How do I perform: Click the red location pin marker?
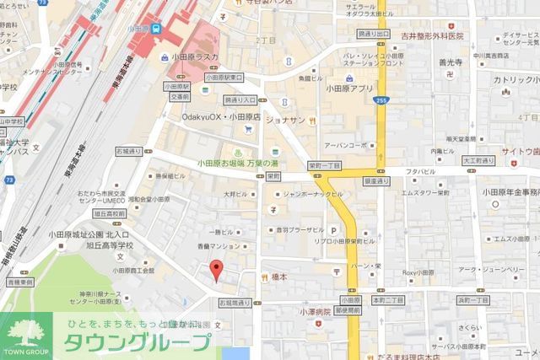(x=216, y=271)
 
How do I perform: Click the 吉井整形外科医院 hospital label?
(x=433, y=36)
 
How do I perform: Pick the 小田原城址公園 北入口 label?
(x=89, y=234)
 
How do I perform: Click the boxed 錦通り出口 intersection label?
(x=375, y=33)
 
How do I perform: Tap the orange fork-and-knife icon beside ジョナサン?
(x=312, y=121)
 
